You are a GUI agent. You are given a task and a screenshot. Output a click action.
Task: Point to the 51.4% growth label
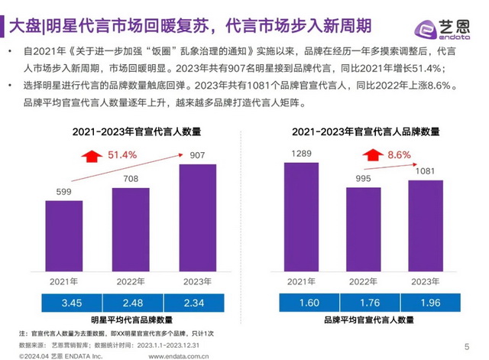121,155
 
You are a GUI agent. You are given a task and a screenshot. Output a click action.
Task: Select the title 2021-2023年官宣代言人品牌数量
365,131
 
